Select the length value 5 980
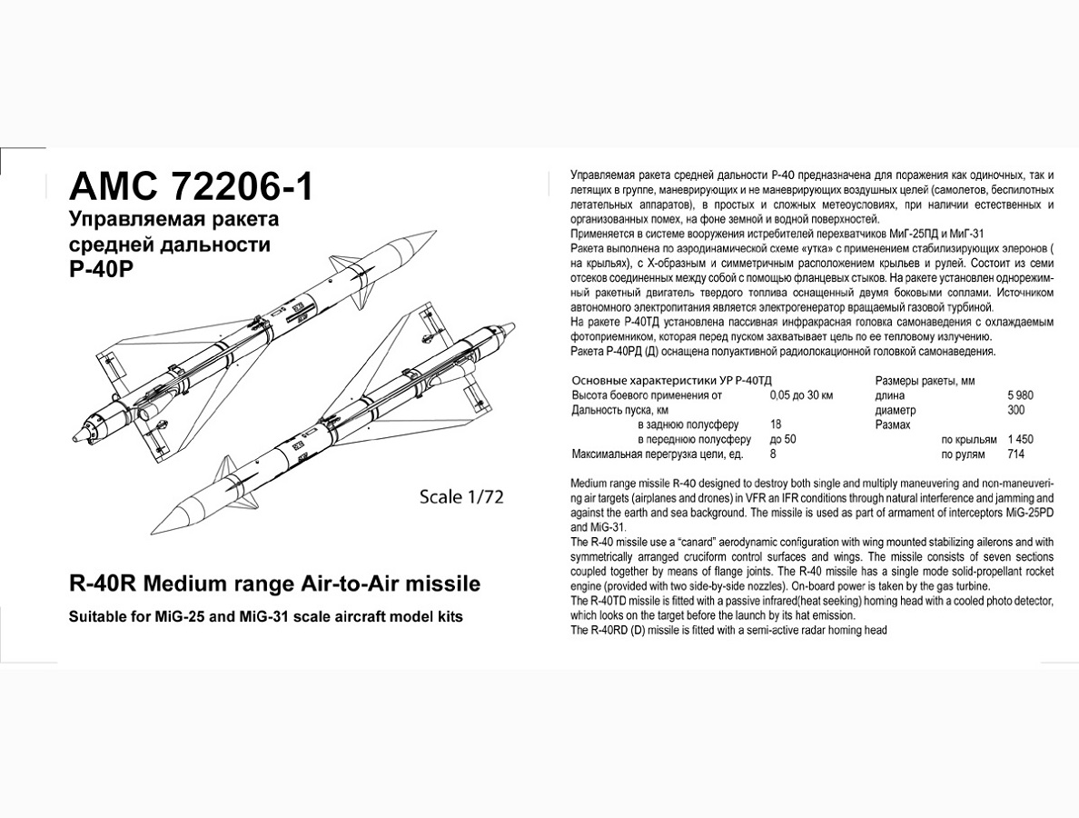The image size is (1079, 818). point(1020,395)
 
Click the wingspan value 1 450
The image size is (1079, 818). point(1019,439)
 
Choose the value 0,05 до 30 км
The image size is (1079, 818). point(801,395)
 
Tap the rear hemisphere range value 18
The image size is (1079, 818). point(775,424)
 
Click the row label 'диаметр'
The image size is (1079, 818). point(895,410)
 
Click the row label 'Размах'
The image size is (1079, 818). point(892,424)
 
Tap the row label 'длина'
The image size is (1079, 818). point(890,395)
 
